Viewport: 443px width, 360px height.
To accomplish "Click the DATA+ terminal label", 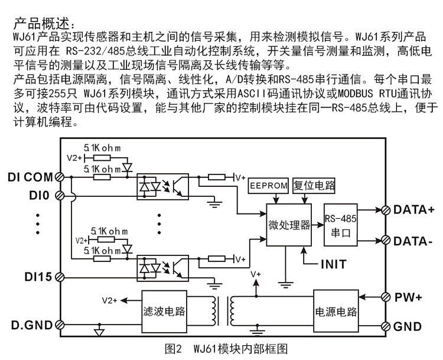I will coord(413,209).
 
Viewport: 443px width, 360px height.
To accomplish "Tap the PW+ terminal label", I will coord(408,297).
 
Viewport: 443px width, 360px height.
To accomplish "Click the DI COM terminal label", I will coord(30,177).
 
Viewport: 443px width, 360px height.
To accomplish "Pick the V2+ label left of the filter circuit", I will coord(109,300).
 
